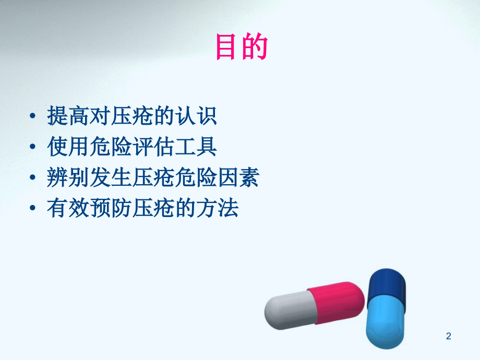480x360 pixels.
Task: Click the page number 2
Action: click(x=448, y=337)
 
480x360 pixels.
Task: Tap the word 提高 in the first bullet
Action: click(x=68, y=116)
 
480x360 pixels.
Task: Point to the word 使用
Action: click(x=68, y=148)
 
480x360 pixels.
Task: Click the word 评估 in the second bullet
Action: click(x=153, y=148)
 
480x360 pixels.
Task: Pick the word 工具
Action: click(x=196, y=148)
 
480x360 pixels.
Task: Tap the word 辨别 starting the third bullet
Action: click(x=68, y=178)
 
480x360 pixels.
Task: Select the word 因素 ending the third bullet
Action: click(x=238, y=178)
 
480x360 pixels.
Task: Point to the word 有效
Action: click(x=68, y=209)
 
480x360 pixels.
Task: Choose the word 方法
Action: click(x=217, y=209)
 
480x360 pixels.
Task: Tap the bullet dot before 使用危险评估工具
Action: click(x=34, y=148)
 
